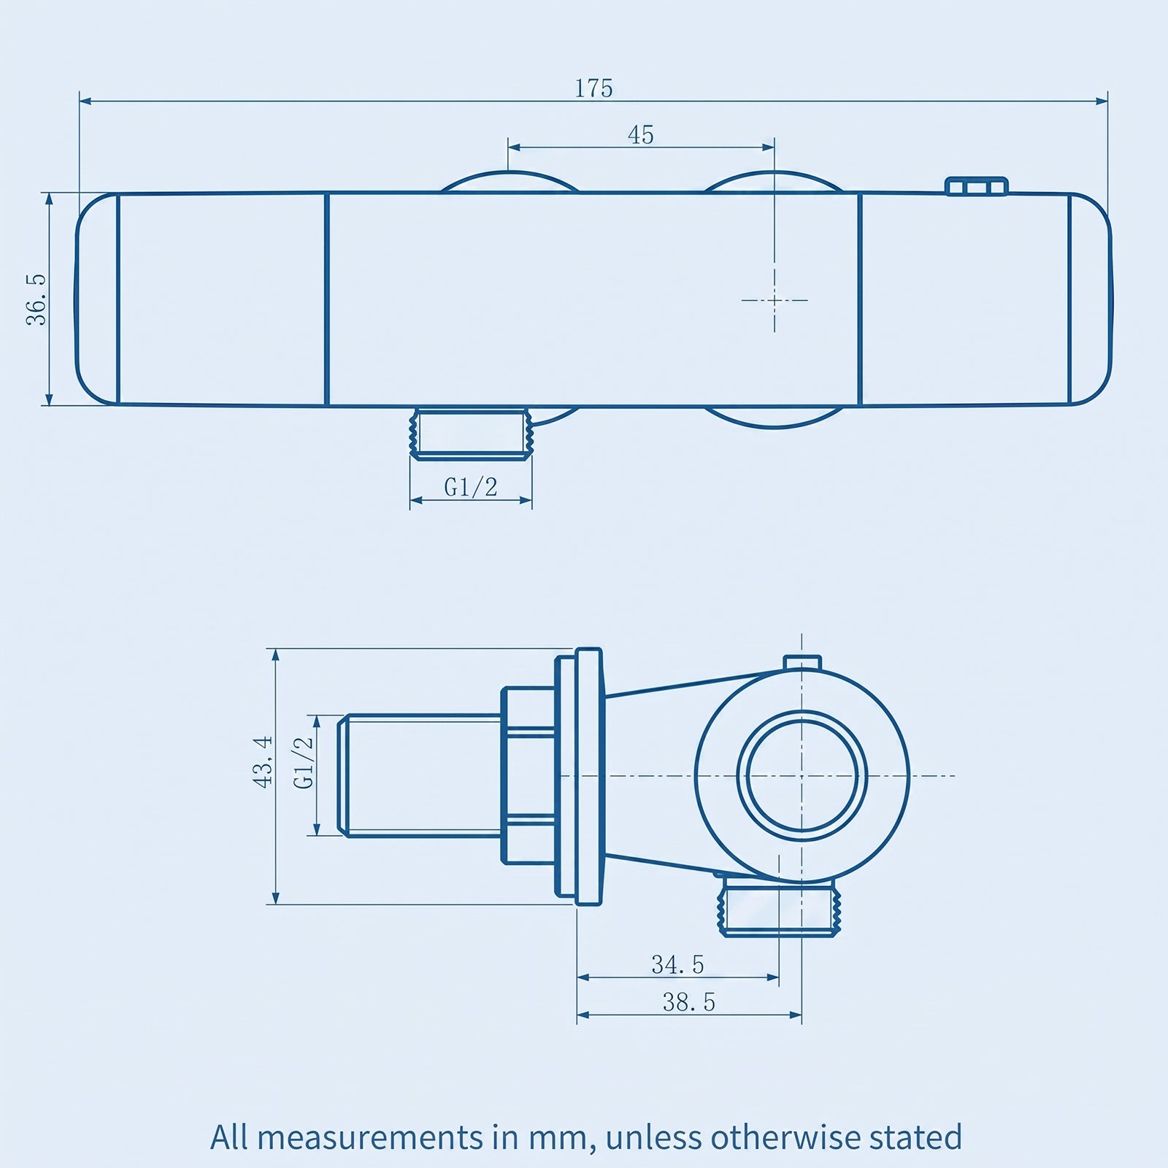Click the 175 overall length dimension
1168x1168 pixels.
[x=593, y=88]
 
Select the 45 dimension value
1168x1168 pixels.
[x=640, y=135]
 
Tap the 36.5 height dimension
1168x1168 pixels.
[x=36, y=299]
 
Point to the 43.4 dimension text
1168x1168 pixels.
[x=264, y=761]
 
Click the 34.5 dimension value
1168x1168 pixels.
[x=678, y=964]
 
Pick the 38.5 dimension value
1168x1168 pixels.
[x=689, y=1002]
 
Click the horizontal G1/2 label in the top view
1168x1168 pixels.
[x=471, y=486]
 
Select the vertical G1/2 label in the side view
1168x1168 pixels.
[x=303, y=762]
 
